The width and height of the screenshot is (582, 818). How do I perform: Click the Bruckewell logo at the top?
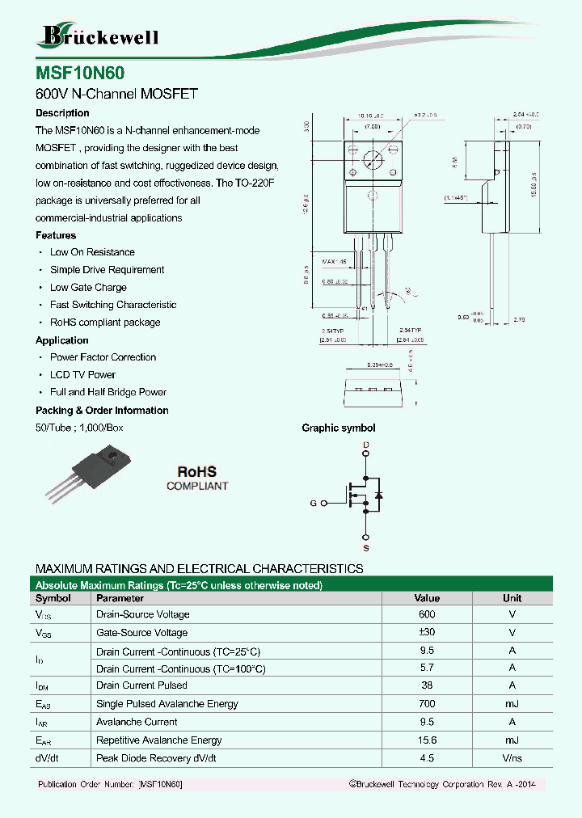click(99, 36)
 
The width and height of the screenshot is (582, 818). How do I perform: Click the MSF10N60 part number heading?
click(80, 73)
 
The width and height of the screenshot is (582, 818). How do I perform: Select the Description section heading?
click(62, 113)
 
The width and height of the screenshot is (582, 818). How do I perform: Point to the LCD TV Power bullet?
click(82, 375)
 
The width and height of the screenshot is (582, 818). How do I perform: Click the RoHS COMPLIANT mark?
click(197, 479)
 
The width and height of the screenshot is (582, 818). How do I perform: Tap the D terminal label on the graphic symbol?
click(366, 445)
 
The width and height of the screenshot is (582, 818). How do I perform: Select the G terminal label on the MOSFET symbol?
click(313, 504)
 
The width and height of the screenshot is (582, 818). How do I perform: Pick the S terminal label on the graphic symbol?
click(366, 548)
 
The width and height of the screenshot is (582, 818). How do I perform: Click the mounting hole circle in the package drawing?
click(373, 158)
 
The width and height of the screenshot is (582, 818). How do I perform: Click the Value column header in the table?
click(427, 599)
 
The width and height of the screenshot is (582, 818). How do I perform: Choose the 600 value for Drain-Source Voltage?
click(427, 615)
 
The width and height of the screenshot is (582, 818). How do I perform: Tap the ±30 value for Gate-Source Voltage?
click(427, 633)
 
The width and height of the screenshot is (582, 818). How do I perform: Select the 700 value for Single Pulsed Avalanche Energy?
click(427, 704)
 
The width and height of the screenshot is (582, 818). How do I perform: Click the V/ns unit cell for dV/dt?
click(512, 759)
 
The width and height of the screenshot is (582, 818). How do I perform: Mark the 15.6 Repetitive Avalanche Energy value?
click(427, 740)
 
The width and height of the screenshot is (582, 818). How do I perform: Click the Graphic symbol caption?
click(338, 428)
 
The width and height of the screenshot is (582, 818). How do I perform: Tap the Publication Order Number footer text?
click(111, 785)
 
